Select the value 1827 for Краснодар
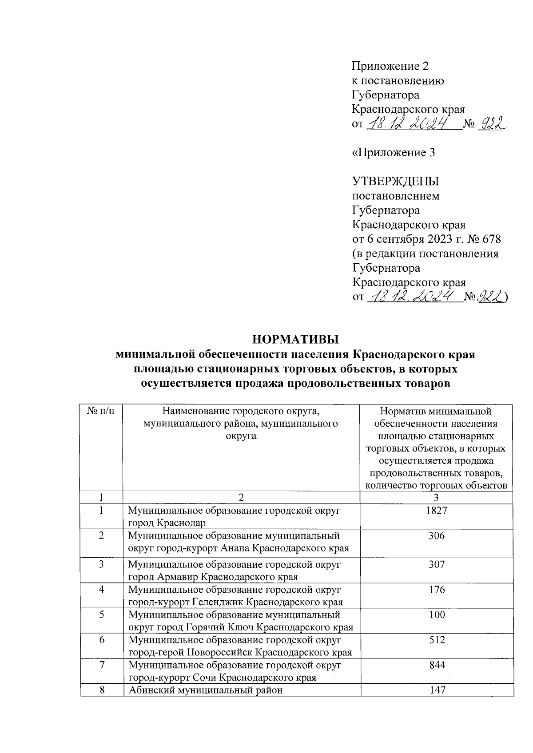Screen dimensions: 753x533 [437, 511]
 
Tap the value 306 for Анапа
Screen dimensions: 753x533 [437, 536]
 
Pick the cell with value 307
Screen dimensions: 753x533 [437, 564]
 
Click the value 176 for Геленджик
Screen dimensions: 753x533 [437, 590]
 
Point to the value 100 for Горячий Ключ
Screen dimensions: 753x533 [437, 615]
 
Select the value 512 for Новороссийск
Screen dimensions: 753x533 [437, 640]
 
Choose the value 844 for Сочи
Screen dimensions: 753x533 [437, 665]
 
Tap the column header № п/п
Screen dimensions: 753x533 [101, 411]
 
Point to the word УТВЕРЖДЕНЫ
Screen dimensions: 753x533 [395, 181]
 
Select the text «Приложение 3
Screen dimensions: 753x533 [393, 153]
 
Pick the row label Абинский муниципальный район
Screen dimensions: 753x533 [205, 690]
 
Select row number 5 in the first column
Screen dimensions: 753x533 [101, 615]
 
